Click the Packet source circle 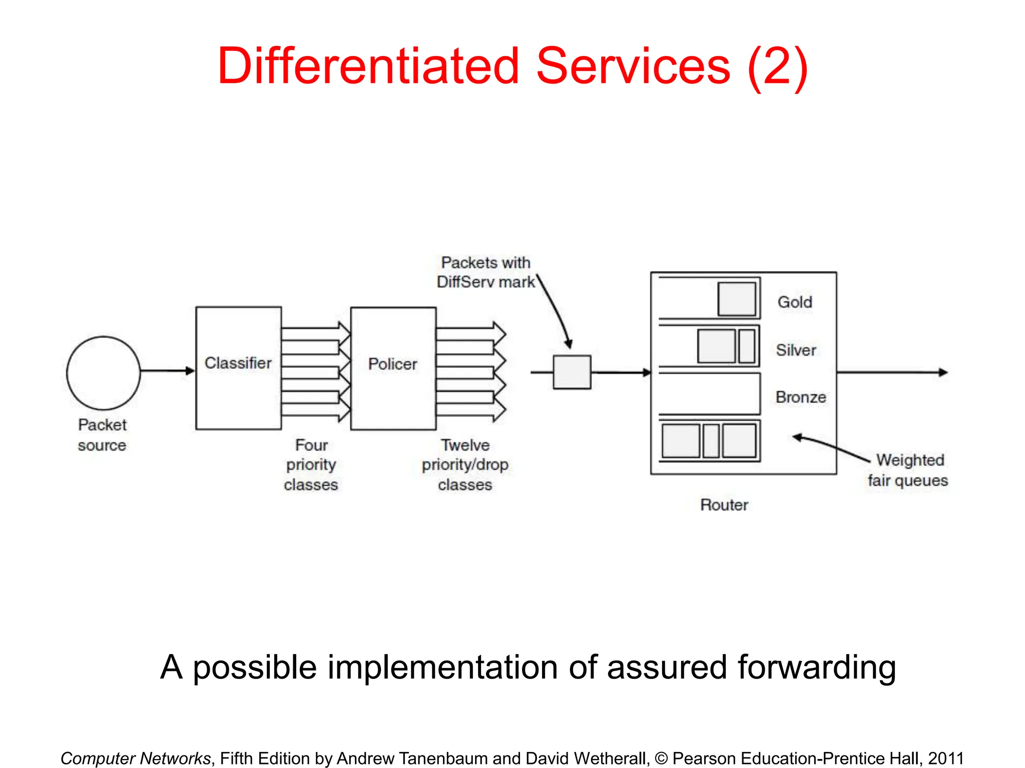(104, 373)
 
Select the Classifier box (238, 368)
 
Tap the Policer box (393, 368)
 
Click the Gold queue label (795, 302)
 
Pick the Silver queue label (796, 350)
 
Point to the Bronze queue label (801, 397)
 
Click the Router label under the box (724, 504)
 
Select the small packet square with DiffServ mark (572, 372)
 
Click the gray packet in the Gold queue (736, 299)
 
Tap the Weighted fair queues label (908, 470)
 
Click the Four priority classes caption (311, 464)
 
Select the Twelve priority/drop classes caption (465, 464)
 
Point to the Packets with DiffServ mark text (485, 272)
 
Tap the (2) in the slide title (778, 66)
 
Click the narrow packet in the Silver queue (746, 346)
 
